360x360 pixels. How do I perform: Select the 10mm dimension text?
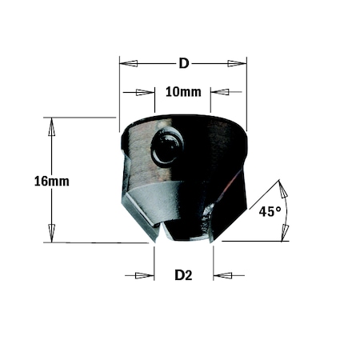point(183,92)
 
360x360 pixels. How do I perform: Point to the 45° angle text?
point(270,212)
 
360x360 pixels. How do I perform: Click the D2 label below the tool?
point(183,276)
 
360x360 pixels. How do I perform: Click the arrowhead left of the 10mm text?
point(145,92)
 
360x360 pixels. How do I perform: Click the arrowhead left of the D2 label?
point(145,276)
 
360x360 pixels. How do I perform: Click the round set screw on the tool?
point(168,146)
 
